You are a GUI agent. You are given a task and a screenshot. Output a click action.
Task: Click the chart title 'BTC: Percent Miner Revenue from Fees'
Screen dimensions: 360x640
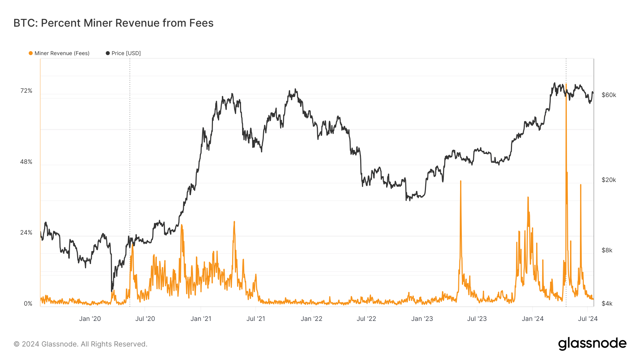(113, 23)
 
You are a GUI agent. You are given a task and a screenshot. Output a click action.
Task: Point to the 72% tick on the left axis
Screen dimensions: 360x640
(26, 91)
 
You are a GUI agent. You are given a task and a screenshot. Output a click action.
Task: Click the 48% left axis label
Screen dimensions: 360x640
(26, 162)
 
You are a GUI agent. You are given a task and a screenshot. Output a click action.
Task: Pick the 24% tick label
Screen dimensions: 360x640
(26, 233)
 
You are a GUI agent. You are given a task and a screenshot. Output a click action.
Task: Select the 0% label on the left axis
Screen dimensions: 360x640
(28, 304)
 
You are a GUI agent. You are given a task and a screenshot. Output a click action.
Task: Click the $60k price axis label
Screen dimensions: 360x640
(609, 95)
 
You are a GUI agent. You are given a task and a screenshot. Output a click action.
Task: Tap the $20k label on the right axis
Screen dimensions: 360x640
(609, 180)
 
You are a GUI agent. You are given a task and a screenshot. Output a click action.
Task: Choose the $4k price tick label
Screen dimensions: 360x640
(607, 304)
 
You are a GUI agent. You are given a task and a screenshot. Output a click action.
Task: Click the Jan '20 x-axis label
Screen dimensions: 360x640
(90, 319)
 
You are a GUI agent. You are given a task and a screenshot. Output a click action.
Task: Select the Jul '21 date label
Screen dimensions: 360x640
(256, 319)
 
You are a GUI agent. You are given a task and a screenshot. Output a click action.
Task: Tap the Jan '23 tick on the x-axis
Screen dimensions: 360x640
(422, 319)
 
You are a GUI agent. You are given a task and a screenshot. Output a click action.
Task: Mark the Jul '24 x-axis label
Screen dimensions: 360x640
(588, 319)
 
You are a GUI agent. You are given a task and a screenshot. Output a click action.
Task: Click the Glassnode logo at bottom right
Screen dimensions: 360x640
(592, 344)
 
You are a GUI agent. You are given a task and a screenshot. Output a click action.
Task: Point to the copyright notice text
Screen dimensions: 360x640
(80, 344)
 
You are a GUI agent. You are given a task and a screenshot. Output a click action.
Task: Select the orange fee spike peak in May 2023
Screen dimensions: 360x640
(460, 181)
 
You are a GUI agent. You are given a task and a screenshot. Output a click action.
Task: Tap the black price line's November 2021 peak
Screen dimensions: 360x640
(295, 90)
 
